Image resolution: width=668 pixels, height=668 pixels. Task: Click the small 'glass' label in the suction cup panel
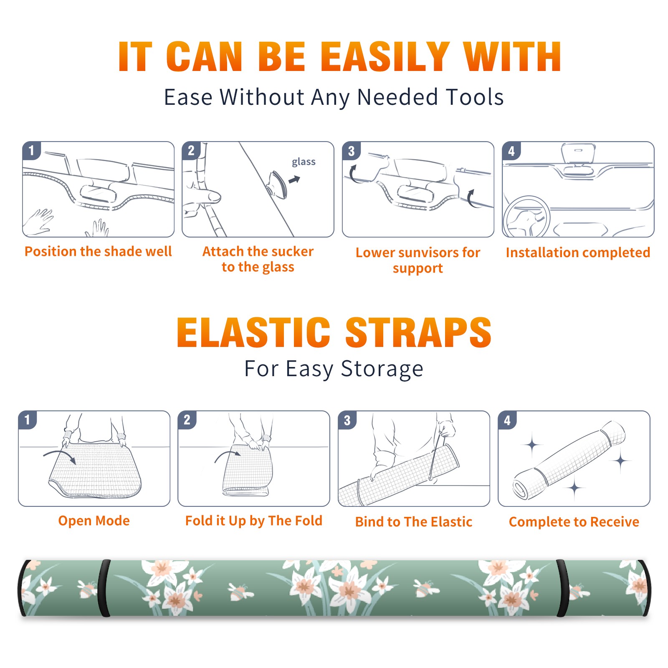[304, 162]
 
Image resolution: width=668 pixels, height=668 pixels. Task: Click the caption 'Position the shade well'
[98, 251]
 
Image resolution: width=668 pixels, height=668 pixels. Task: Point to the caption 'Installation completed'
[578, 252]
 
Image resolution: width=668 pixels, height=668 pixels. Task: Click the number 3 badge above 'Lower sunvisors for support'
[351, 151]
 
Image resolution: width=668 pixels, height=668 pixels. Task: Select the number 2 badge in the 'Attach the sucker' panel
[191, 150]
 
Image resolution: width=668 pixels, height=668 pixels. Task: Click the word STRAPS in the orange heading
[418, 332]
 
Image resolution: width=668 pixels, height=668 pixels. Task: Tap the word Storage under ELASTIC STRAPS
[382, 369]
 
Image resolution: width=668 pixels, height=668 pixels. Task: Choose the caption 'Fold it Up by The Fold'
[254, 521]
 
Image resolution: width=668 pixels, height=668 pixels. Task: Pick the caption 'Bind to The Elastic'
[414, 522]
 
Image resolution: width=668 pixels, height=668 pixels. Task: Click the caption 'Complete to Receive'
[574, 522]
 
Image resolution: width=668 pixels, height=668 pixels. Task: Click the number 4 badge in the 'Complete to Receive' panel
[507, 420]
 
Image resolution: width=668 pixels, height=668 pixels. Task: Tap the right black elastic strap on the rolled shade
[562, 588]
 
